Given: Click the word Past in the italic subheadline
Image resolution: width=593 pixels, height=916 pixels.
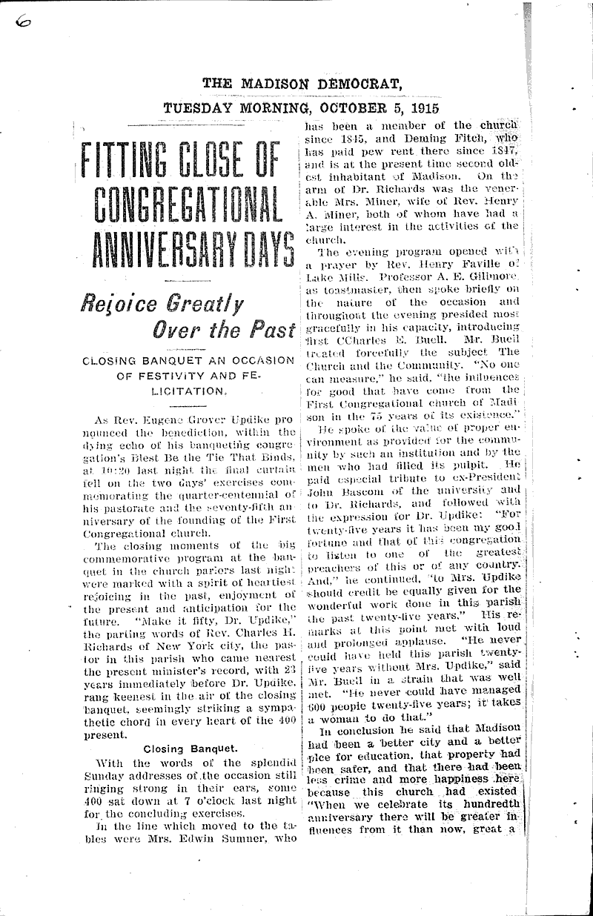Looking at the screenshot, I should click(274, 329).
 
